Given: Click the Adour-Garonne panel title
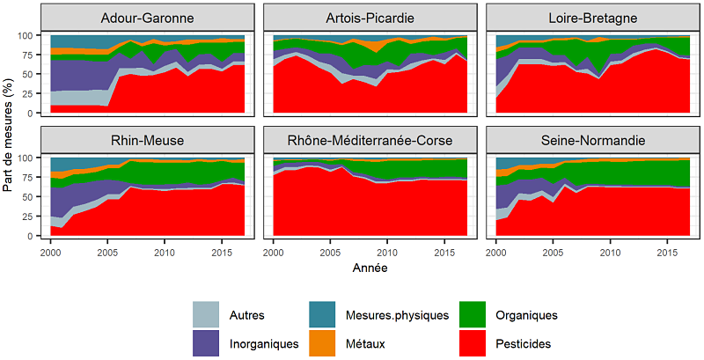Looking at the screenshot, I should [148, 18].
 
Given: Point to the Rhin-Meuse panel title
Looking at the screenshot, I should [148, 141].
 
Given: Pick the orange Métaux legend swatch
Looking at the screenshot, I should [325, 342].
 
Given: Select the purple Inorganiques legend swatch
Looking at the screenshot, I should [205, 342].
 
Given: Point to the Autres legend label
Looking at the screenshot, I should [247, 314].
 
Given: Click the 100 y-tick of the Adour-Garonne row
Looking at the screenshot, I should [33, 35].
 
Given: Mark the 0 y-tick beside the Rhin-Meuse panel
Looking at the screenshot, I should [40, 236].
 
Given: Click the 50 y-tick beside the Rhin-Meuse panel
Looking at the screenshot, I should [36, 197].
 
